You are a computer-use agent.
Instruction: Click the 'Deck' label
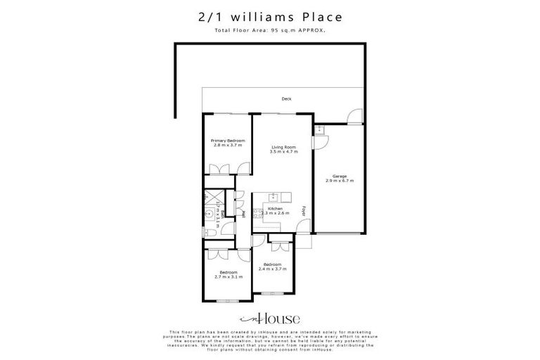point(286,99)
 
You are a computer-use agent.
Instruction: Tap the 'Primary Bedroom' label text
point(227,141)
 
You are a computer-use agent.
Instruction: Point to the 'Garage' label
point(340,176)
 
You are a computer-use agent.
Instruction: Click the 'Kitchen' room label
point(274,209)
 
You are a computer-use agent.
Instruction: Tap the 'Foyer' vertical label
point(304,210)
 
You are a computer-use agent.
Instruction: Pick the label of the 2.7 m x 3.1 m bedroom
point(228,272)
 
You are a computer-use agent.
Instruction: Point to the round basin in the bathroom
point(209,215)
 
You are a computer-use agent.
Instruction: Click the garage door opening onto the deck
point(356,117)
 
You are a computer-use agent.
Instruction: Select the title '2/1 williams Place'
point(270,16)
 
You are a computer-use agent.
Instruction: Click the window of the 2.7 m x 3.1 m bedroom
point(227,301)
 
